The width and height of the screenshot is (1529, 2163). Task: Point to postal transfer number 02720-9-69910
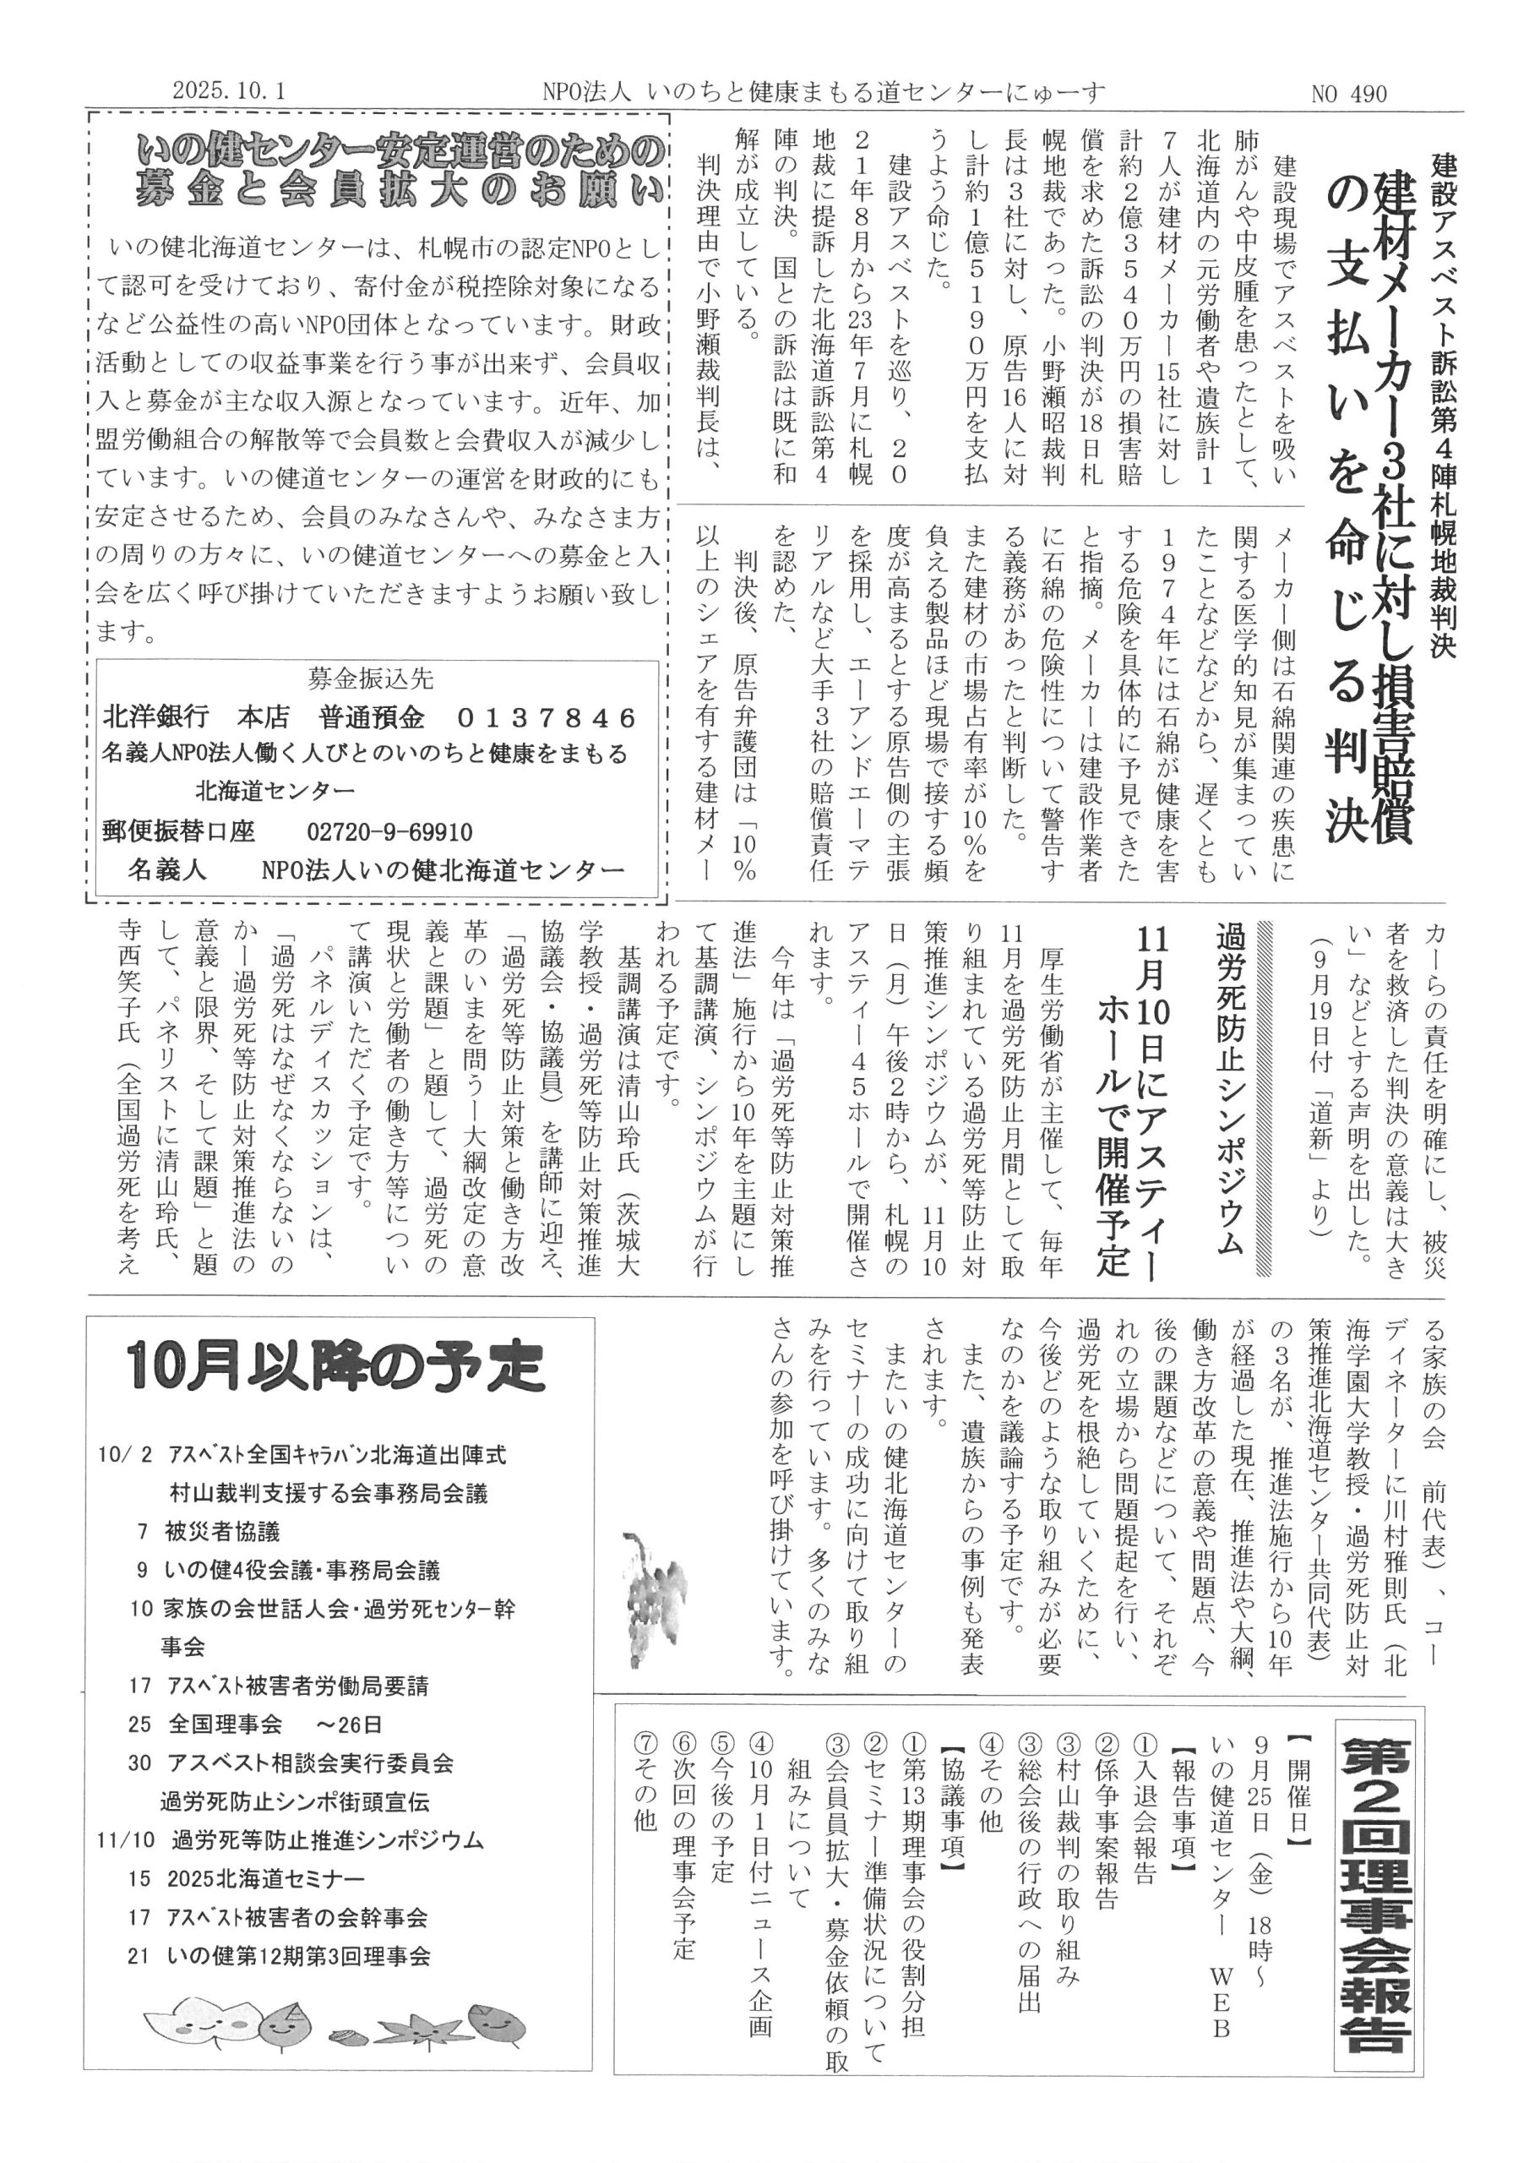389,833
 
